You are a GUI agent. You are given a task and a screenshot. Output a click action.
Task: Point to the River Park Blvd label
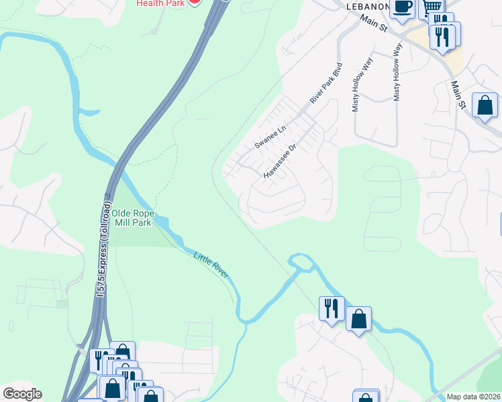click(x=326, y=83)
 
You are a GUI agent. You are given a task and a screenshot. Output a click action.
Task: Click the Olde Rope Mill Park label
click(x=133, y=218)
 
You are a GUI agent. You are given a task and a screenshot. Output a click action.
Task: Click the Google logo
click(x=22, y=394)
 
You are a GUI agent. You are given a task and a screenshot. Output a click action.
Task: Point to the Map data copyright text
click(x=474, y=397)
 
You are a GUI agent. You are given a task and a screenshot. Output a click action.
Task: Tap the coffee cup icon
click(x=402, y=7)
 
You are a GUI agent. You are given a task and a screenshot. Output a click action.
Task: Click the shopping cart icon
click(x=430, y=7)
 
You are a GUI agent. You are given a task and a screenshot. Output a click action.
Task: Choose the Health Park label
click(x=160, y=3)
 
